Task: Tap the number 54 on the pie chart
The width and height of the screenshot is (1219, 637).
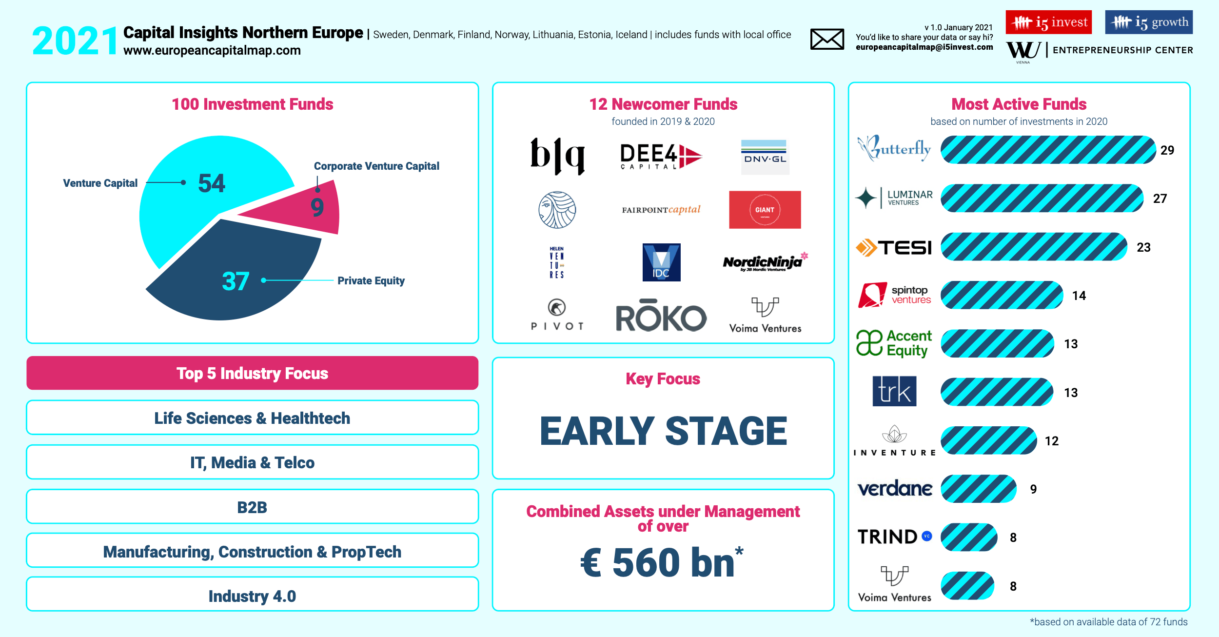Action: pos(212,183)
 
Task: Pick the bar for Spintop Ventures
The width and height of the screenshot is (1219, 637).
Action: pos(1002,295)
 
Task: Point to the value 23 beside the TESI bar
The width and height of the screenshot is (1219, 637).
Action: pos(1144,247)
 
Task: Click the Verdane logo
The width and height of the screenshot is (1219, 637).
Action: pos(895,488)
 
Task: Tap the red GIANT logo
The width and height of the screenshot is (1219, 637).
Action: pos(765,210)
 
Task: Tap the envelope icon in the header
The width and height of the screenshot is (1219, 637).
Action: pos(827,39)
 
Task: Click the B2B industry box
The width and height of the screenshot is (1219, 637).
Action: pos(253,507)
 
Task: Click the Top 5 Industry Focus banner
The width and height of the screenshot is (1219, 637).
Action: pos(253,373)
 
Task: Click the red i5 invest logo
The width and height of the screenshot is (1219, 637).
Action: pos(1049,22)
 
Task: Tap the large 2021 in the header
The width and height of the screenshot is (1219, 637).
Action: pos(75,41)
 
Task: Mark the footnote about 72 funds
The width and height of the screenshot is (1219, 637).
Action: pos(1108,622)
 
